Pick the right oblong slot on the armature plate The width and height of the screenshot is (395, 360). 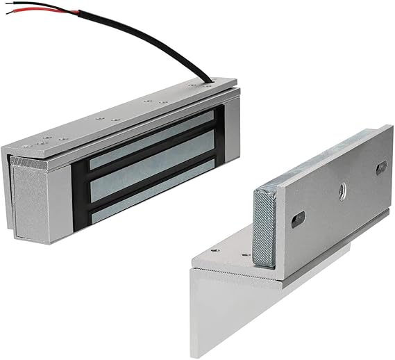click(x=381, y=166)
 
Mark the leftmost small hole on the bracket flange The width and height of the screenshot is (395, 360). click(x=214, y=249)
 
